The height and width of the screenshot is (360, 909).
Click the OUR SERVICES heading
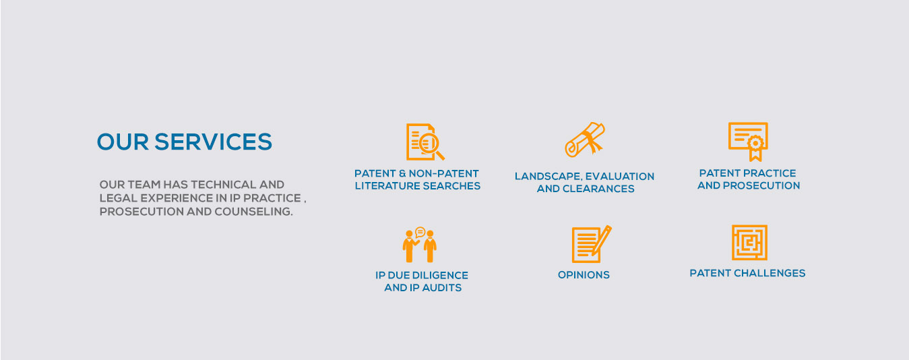point(184,142)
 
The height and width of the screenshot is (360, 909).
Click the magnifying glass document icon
point(425,142)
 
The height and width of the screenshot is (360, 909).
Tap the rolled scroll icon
point(584,140)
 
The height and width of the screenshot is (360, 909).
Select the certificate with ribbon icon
point(748,141)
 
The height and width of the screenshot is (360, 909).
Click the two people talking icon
point(420,245)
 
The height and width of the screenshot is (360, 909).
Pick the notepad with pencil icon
point(591,244)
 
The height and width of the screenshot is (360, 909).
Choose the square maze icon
point(749,243)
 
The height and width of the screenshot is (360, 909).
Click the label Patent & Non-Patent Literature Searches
point(417,179)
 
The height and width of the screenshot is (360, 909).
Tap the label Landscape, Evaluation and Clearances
point(584,183)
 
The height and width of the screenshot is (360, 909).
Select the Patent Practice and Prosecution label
point(748,179)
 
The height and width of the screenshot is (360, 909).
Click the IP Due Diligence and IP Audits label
point(422,281)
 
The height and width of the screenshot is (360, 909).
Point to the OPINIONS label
point(584,275)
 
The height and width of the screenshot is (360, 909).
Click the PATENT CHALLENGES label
point(747,273)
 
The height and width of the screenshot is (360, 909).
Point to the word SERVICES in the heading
point(213,142)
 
